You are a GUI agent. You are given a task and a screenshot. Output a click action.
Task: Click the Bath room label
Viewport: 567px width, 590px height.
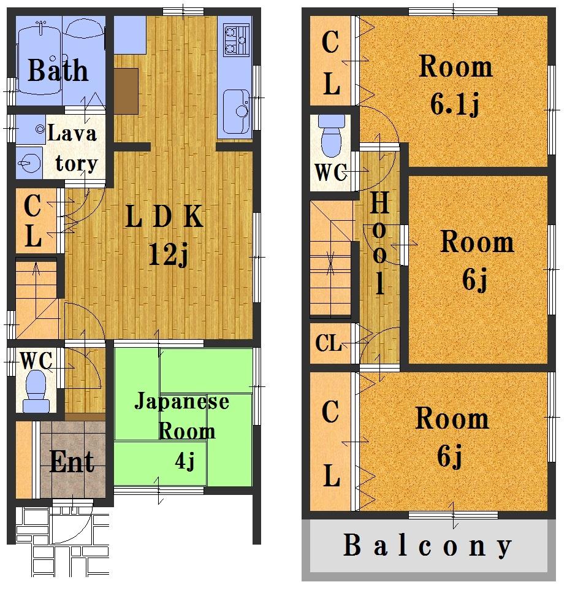coord(58,71)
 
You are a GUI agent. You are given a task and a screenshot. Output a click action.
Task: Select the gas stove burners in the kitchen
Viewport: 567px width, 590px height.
coord(237,38)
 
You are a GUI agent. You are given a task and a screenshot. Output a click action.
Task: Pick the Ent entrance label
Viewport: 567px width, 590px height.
coord(72,461)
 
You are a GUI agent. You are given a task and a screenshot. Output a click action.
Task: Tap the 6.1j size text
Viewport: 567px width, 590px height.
coord(454,105)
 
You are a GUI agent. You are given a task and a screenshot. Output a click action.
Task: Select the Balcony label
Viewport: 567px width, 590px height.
coord(427,545)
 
